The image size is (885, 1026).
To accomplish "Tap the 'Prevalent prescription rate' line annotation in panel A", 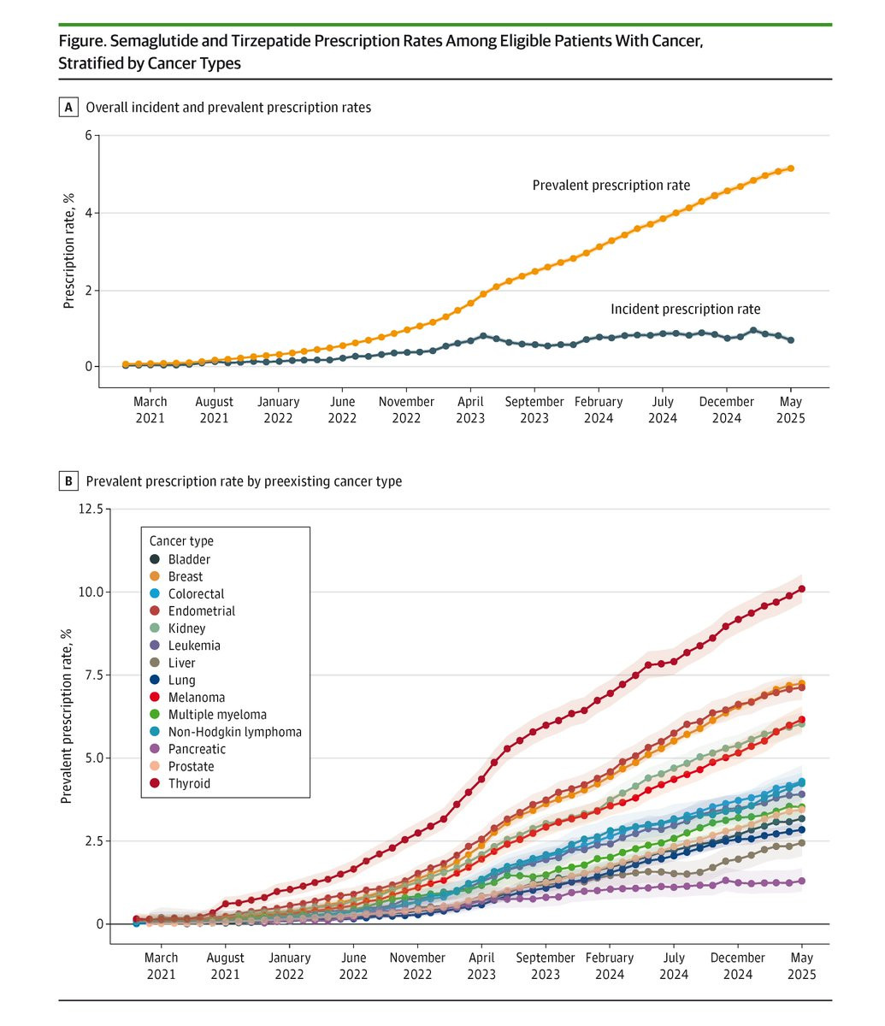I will (611, 186).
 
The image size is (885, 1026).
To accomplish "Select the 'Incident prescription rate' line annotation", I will (685, 310).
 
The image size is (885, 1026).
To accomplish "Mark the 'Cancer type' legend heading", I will (181, 541).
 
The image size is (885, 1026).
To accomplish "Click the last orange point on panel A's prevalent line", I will (791, 168).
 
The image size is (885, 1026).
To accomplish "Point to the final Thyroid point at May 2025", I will (802, 589).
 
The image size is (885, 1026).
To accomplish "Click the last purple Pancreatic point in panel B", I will (802, 881).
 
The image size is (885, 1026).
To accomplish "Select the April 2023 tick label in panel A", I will (471, 410).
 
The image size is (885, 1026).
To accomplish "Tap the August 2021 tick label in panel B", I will (226, 966).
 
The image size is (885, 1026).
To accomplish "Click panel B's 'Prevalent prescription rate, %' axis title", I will (66, 716).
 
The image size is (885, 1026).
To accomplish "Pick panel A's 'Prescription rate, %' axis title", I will (69, 251).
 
